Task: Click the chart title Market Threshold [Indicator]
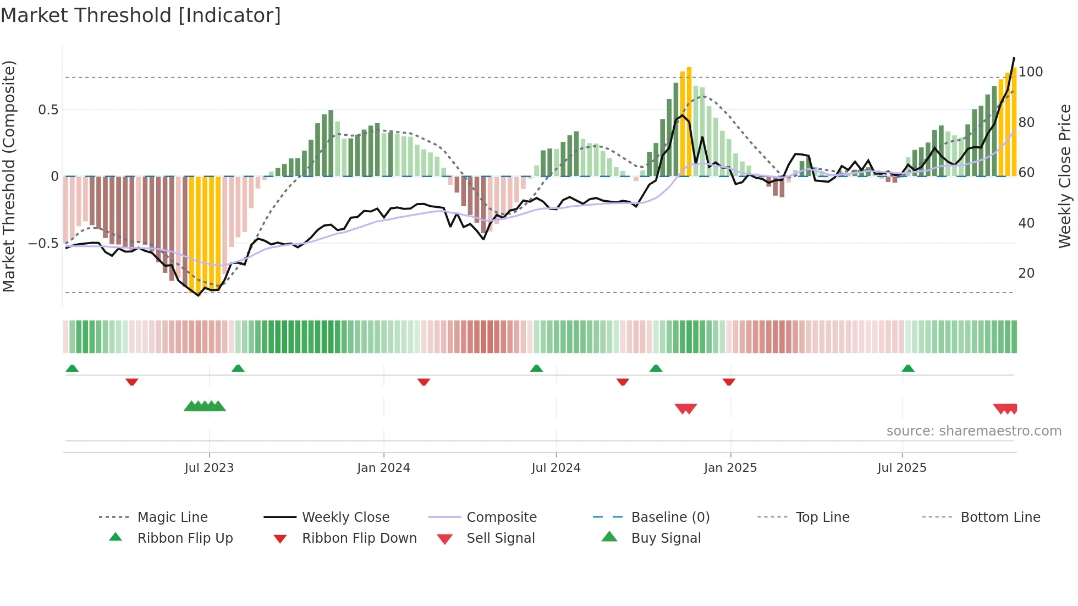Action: coord(141,15)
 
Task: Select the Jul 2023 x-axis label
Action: coord(209,468)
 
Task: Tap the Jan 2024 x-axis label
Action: coord(383,468)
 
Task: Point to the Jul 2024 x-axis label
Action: coord(556,468)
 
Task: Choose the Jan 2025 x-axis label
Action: coord(730,468)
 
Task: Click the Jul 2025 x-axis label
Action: coord(902,468)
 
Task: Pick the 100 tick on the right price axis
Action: coord(1031,72)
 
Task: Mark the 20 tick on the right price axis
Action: coord(1026,273)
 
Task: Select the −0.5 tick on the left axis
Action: coord(43,243)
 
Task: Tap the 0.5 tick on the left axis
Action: coord(48,110)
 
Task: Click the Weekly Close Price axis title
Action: coord(1065,176)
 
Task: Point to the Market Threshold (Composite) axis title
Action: coord(9,176)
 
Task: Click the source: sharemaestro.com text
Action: coord(974,431)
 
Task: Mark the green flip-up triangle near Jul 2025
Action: coord(908,368)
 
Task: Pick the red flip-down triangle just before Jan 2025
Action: coord(729,382)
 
